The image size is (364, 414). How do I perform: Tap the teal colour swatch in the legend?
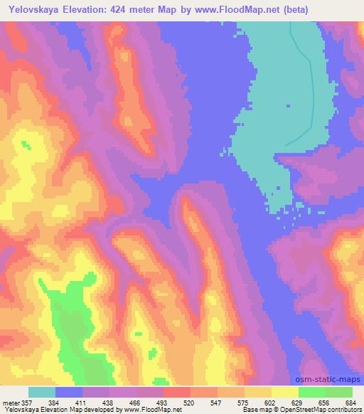(42, 392)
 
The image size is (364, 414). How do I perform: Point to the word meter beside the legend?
(9, 403)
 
